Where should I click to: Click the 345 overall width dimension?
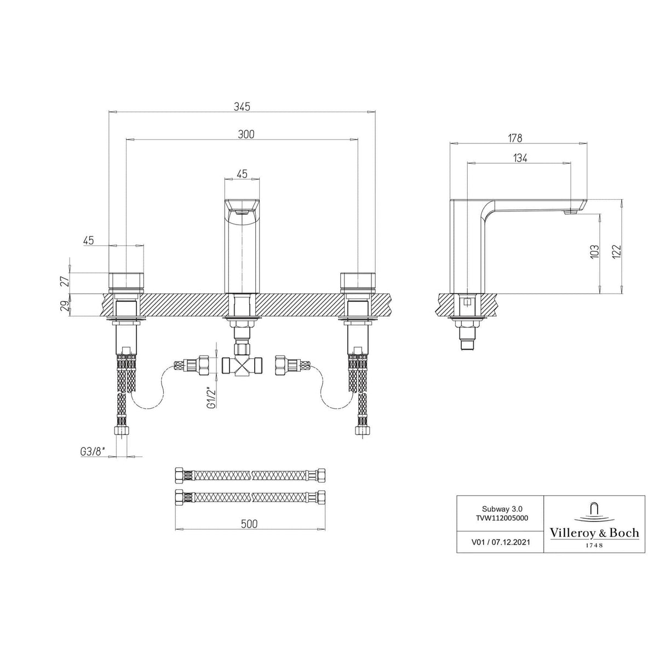coord(242,107)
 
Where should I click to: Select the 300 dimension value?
coord(246,134)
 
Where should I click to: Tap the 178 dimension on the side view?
coord(515,138)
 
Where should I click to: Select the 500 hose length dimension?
coord(249,524)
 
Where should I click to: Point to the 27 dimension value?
coord(65,282)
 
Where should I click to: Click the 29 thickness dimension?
coord(65,306)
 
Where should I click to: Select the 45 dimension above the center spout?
coord(242,174)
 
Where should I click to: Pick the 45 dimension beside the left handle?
coord(89,240)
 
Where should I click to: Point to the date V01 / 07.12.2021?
coord(500,542)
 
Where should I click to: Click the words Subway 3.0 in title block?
coord(500,507)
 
